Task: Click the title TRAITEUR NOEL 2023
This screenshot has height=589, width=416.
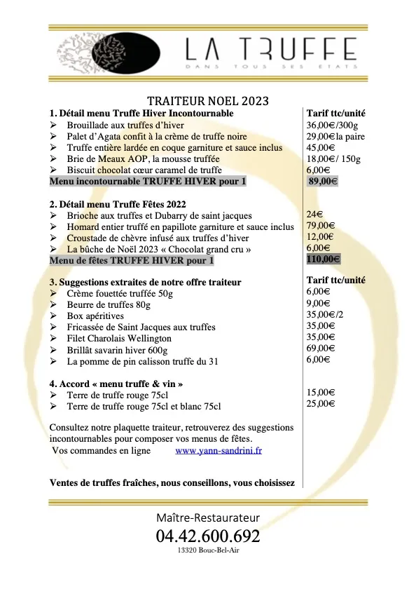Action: coord(208,100)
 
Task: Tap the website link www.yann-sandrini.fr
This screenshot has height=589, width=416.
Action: coord(219,451)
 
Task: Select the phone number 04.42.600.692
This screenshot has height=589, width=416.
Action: coord(208,537)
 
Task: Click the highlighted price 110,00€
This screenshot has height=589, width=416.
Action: coord(324,259)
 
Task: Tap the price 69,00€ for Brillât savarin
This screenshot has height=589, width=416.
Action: coord(320,348)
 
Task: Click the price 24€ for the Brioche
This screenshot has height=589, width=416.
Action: coord(314,215)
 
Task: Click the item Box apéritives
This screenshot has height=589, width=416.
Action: coord(95,316)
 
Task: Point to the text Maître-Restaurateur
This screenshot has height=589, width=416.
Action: coord(208,517)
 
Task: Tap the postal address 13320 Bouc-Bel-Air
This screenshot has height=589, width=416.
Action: coord(208,552)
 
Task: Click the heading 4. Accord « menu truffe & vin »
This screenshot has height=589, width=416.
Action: coord(117,384)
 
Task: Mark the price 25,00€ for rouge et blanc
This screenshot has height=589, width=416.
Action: coord(320,405)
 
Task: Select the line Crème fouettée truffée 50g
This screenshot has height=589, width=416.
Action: coord(119,293)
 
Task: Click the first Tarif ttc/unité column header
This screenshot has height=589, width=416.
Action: coord(336,113)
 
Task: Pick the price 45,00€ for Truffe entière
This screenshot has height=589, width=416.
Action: coord(320,147)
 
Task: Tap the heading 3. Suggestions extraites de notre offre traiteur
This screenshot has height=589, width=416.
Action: coord(146,282)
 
